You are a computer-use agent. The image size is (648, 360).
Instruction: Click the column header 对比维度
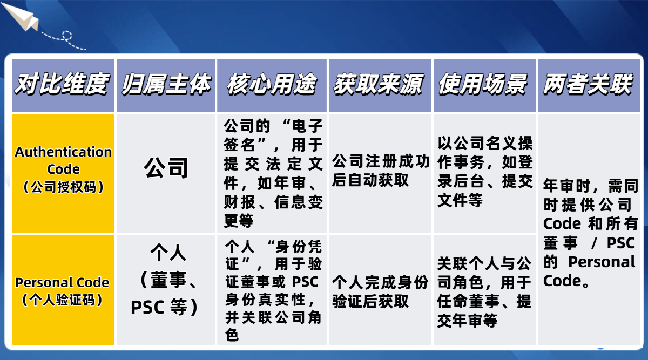(x=62, y=85)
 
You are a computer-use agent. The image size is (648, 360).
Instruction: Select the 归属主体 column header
(x=166, y=85)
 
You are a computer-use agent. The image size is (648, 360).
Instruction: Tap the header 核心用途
(x=272, y=85)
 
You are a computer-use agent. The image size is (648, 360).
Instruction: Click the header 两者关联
(x=588, y=85)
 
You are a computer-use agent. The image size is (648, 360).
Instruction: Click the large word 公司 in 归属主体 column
(x=166, y=168)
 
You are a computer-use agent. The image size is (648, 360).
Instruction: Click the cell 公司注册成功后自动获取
(x=381, y=171)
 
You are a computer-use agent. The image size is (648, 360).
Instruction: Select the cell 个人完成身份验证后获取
(x=381, y=291)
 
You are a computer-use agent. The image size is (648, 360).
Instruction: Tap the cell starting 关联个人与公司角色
(x=485, y=292)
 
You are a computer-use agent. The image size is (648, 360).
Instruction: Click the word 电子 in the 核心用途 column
(x=305, y=127)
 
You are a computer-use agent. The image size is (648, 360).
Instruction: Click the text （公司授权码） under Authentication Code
(x=63, y=187)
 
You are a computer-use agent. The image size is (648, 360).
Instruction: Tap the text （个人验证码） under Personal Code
(x=62, y=300)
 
